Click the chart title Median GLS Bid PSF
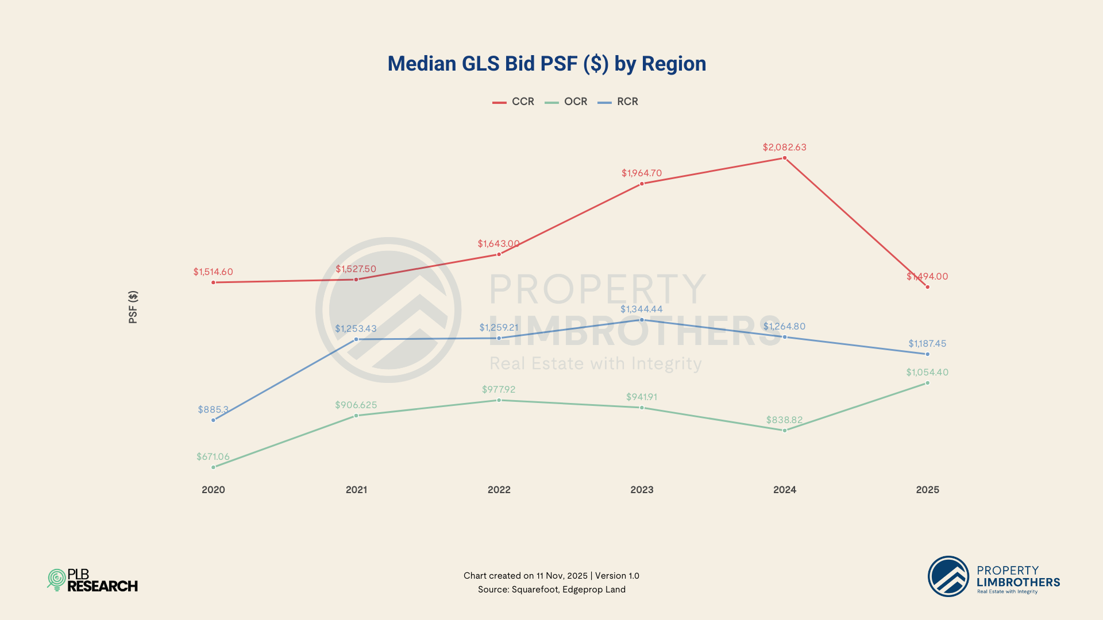pyautogui.click(x=546, y=64)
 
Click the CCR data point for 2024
pyautogui.click(x=785, y=158)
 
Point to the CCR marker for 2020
pyautogui.click(x=214, y=282)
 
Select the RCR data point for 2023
pyautogui.click(x=642, y=320)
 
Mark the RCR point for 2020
pyautogui.click(x=214, y=420)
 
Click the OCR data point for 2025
pyautogui.click(x=927, y=383)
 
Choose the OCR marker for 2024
pyautogui.click(x=785, y=431)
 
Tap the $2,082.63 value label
pyautogui.click(x=785, y=148)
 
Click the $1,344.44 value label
pyautogui.click(x=642, y=309)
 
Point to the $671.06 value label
pyautogui.click(x=213, y=457)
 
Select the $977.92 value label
pyautogui.click(x=499, y=390)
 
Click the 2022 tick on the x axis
pyautogui.click(x=499, y=490)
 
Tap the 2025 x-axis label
pyautogui.click(x=927, y=490)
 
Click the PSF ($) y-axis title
pyautogui.click(x=133, y=307)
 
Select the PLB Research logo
pyautogui.click(x=92, y=580)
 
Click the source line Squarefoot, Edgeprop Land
pyautogui.click(x=551, y=590)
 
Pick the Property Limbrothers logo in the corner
pyautogui.click(x=994, y=576)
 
